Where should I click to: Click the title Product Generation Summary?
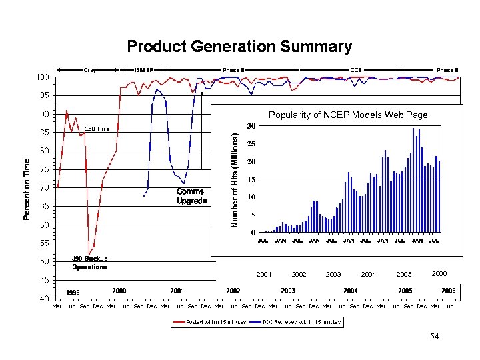pyautogui.click(x=239, y=47)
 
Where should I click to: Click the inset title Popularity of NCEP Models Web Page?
pyautogui.click(x=348, y=115)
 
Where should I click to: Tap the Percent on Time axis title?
pyautogui.click(x=27, y=189)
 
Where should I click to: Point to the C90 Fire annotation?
pyautogui.click(x=97, y=129)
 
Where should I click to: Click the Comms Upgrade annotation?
pyautogui.click(x=191, y=196)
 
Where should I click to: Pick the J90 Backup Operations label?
pyautogui.click(x=89, y=263)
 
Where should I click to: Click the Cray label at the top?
pyautogui.click(x=89, y=69)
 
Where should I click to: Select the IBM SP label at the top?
pyautogui.click(x=144, y=69)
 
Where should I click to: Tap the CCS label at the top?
pyautogui.click(x=355, y=69)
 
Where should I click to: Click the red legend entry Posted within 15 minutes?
pyautogui.click(x=211, y=322)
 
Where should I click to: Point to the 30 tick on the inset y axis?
pyautogui.click(x=251, y=126)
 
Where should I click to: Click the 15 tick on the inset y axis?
pyautogui.click(x=251, y=179)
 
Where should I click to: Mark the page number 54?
pyautogui.click(x=435, y=338)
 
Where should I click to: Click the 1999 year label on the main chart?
pyautogui.click(x=73, y=292)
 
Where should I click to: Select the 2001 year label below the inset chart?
pyautogui.click(x=263, y=275)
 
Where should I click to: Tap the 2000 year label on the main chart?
pyautogui.click(x=119, y=290)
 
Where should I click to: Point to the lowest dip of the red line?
pyautogui.click(x=89, y=253)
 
